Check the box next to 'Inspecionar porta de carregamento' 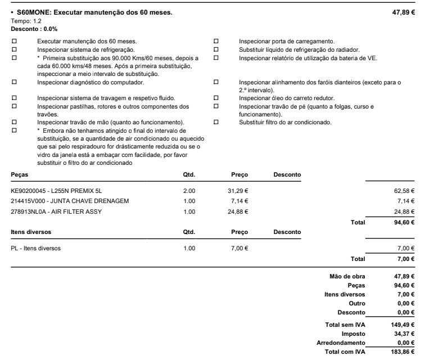pos(216,41)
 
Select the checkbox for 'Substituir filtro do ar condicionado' pos(216,122)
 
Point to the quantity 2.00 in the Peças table pos(189,191)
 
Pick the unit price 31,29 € pos(239,191)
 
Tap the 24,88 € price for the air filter pos(239,211)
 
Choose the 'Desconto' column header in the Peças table pos(287,175)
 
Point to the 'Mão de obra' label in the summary pos(347,276)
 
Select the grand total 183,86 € pos(403,352)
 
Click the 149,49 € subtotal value pos(403,325)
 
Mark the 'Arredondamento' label pos(341,343)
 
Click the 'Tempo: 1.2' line pos(22,21)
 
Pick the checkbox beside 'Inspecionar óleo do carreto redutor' pos(216,98)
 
